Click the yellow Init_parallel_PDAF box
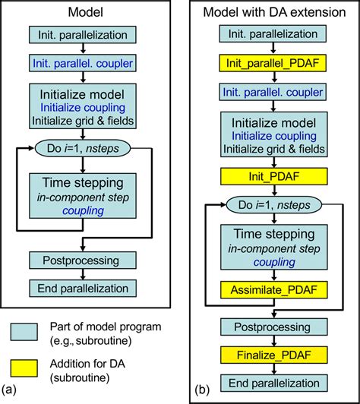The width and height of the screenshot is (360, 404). (x=273, y=63)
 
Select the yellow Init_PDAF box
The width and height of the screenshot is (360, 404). (x=273, y=177)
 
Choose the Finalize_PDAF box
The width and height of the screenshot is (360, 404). (x=273, y=354)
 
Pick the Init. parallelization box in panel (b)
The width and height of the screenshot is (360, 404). (x=273, y=34)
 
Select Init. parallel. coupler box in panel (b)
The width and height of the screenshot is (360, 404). (x=273, y=91)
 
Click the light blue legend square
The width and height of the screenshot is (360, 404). (x=27, y=332)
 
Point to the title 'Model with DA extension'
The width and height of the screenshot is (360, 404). (x=273, y=11)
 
